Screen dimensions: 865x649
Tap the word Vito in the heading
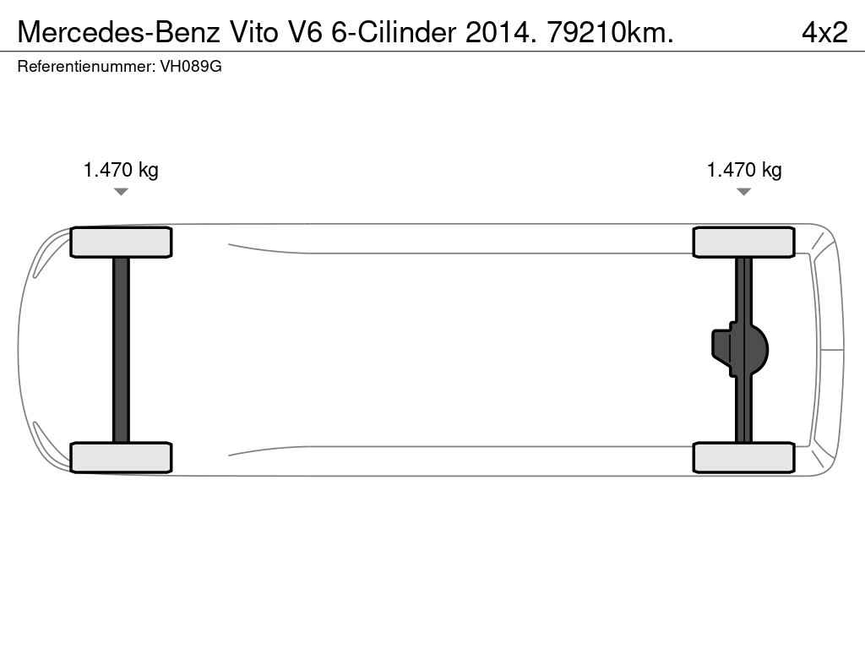[x=253, y=33]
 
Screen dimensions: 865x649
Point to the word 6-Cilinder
[x=394, y=33]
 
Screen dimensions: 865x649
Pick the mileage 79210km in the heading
[x=610, y=33]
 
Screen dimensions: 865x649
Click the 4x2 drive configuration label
[x=824, y=33]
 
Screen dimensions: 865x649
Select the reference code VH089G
[x=191, y=67]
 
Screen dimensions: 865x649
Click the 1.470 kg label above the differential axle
[x=744, y=169]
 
